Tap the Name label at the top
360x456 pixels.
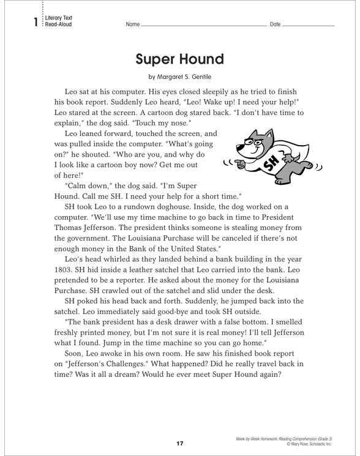(132, 25)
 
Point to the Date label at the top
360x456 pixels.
(275, 25)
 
